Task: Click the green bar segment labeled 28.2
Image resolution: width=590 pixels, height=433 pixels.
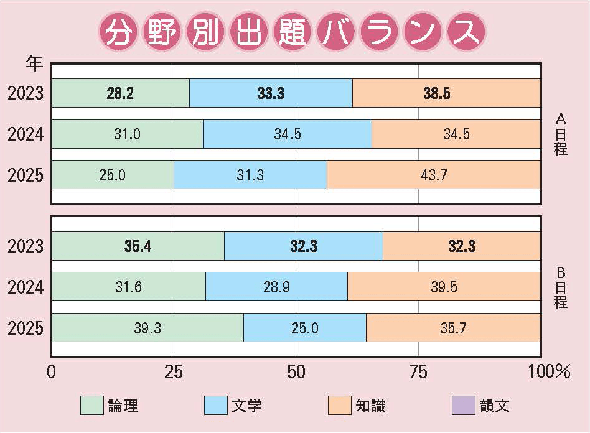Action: pos(120,93)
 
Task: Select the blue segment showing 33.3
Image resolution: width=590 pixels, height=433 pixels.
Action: pos(271,93)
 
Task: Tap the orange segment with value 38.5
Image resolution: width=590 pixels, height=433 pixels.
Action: pos(446,93)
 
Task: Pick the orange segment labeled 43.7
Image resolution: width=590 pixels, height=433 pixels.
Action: pos(434,175)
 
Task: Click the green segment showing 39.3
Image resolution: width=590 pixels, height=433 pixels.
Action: pos(147,328)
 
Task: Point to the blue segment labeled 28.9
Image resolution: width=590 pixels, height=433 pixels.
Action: pos(276,287)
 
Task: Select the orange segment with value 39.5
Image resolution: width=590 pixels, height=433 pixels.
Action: pos(444,287)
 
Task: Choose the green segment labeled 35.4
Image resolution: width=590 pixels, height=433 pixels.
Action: pos(138,246)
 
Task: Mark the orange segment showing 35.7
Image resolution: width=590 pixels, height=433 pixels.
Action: pos(453,328)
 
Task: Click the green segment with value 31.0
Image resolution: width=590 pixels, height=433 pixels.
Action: pos(127,134)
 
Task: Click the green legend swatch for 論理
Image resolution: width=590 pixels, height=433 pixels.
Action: pos(91,406)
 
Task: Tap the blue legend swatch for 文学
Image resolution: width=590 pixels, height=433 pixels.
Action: pos(215,406)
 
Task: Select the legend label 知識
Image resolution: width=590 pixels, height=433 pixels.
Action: pos(371,406)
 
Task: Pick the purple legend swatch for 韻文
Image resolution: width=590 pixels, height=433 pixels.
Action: pos(462,406)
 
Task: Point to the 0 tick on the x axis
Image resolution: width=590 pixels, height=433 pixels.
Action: pos(52,371)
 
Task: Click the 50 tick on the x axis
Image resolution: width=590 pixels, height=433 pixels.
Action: pos(296,371)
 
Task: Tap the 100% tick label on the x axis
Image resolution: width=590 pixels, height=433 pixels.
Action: pos(548,371)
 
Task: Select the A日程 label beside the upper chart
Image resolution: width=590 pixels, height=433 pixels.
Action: pos(560,134)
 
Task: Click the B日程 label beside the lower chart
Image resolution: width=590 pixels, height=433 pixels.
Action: pos(560,287)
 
